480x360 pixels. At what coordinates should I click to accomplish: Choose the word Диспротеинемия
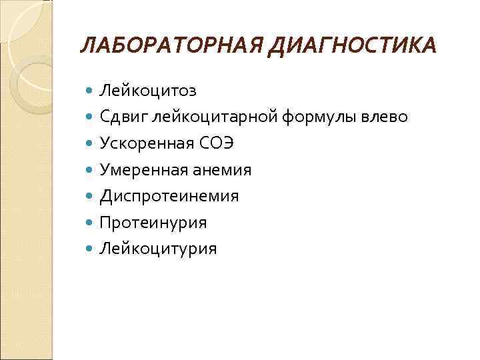[169, 196]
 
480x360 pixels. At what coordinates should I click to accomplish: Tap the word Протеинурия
[153, 222]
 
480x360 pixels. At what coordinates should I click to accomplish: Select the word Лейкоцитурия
[158, 249]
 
